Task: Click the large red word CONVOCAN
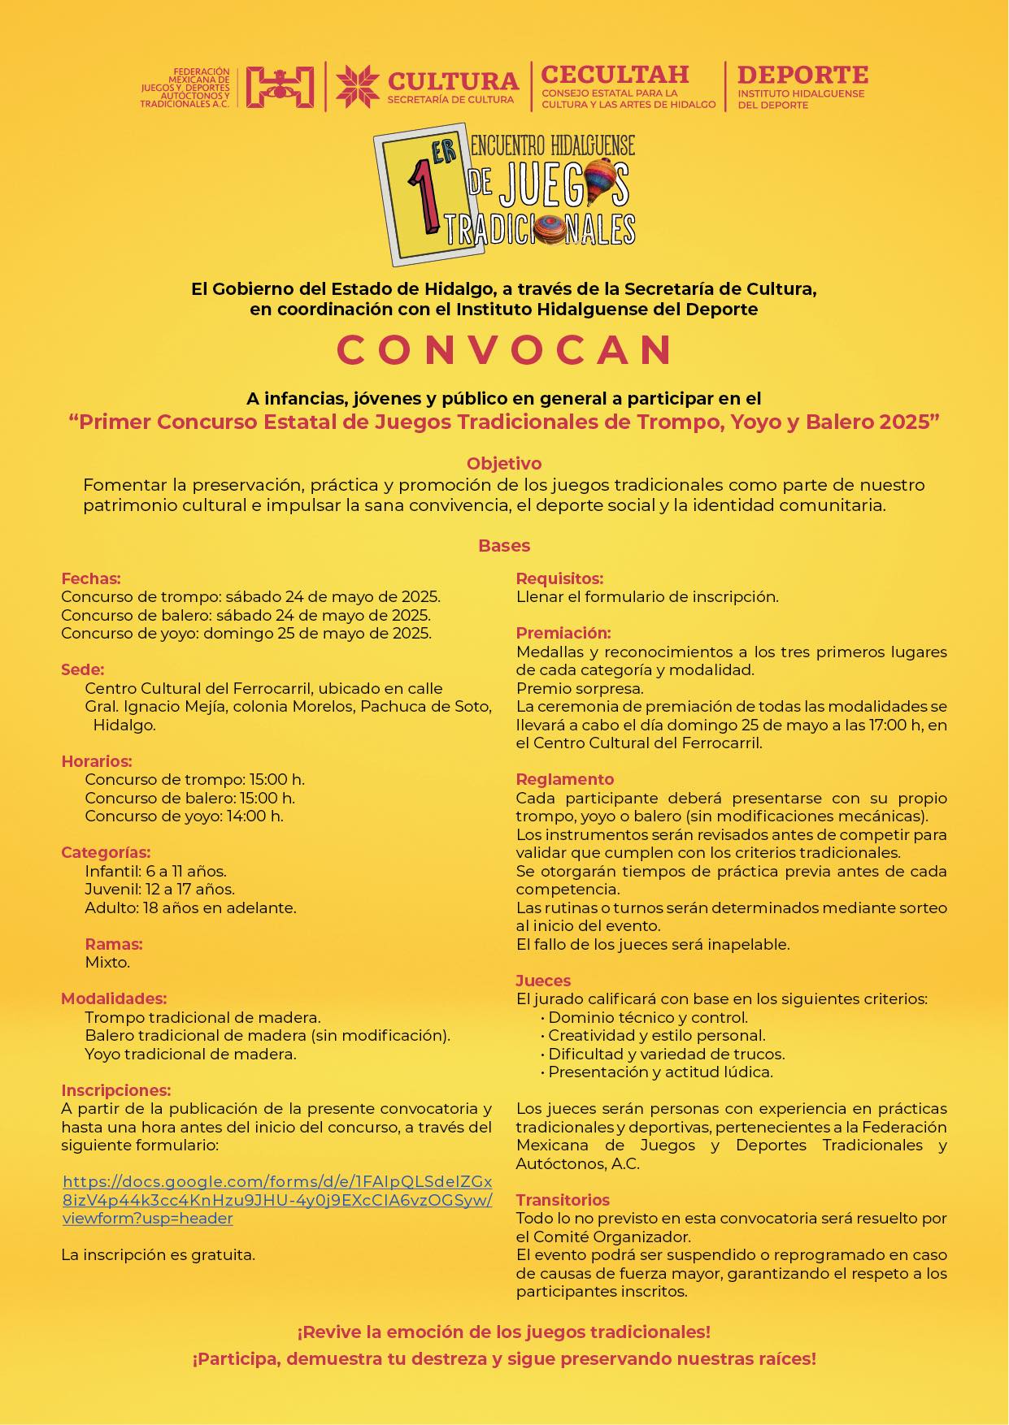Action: (504, 350)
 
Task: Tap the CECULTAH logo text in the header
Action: (615, 75)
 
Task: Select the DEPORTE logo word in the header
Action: (802, 76)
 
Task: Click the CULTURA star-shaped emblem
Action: (358, 86)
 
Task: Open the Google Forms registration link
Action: (276, 1200)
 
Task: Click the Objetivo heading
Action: (504, 464)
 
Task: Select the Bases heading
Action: (504, 546)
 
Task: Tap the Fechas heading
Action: (91, 579)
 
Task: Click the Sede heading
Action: (83, 670)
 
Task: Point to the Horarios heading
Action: (97, 761)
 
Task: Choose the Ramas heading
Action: (114, 944)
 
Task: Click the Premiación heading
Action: (563, 633)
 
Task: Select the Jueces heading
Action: (543, 981)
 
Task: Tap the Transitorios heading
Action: (563, 1200)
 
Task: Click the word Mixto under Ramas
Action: (107, 963)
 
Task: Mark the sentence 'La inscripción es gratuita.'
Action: (159, 1254)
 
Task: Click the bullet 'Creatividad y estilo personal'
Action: (656, 1036)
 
